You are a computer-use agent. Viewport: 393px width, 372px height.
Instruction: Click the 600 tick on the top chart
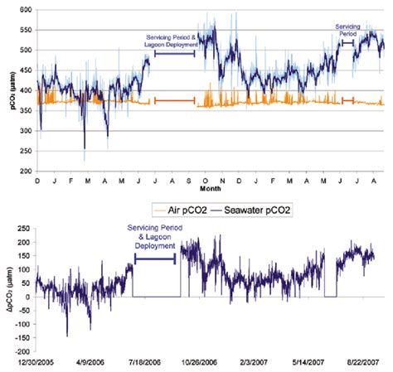pyautogui.click(x=24, y=10)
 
